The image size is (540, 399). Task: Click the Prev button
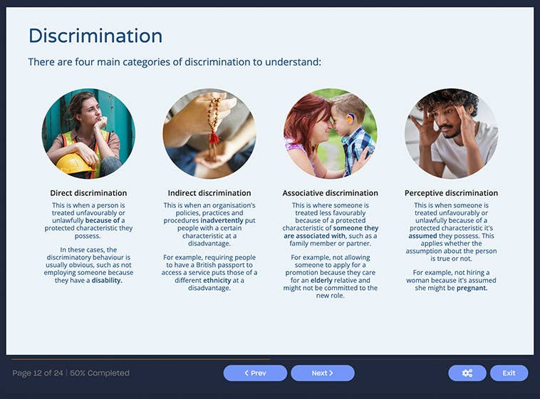click(255, 373)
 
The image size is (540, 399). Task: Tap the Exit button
click(509, 373)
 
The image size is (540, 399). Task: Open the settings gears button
click(467, 373)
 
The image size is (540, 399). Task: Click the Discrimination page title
click(95, 36)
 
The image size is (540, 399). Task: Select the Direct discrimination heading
click(88, 193)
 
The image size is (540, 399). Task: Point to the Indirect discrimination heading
click(209, 193)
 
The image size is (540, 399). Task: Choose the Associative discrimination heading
click(330, 193)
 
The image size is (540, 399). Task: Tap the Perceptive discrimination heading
click(451, 193)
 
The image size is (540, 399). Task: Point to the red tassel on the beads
click(213, 137)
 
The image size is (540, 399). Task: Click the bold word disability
click(107, 281)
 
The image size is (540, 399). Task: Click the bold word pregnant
click(472, 288)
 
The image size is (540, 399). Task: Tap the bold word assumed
click(422, 235)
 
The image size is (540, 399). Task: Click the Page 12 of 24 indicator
click(38, 373)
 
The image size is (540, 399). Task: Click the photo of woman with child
click(330, 133)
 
